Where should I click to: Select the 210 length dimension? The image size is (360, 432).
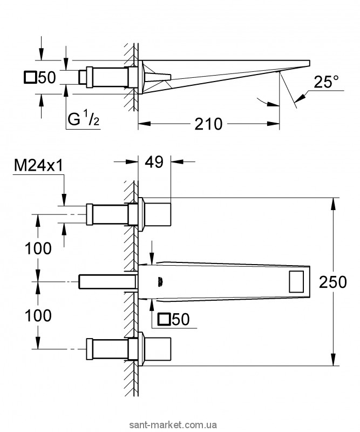coord(208,124)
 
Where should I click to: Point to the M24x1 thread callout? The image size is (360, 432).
coord(38,166)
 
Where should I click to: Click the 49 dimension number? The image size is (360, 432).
coord(154,162)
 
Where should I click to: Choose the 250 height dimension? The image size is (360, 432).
coord(332,282)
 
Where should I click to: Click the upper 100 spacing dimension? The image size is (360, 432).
coord(38,248)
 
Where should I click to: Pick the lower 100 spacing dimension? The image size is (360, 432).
coord(38,315)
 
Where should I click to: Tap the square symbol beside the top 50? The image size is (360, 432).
coord(30,77)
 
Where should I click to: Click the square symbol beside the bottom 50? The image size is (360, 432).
coord(164,320)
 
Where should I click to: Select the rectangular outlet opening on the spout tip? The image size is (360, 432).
coord(296,281)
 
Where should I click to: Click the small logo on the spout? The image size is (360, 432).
coord(160,282)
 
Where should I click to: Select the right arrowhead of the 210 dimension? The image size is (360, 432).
coord(274,124)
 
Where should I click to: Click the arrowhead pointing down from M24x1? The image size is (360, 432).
coord(64,200)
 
